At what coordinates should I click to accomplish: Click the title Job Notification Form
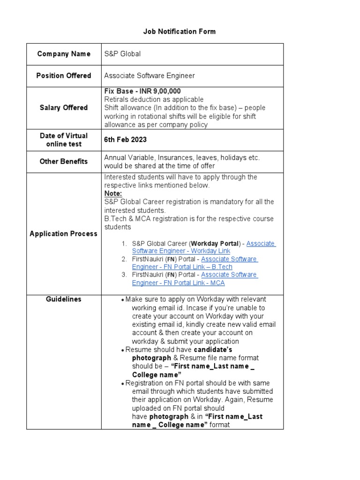(180, 31)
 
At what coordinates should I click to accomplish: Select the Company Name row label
(64, 54)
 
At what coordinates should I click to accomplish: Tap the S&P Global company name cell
(122, 54)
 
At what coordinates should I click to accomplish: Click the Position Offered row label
(64, 75)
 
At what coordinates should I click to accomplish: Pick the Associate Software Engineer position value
(150, 75)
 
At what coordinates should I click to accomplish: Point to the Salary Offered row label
(64, 108)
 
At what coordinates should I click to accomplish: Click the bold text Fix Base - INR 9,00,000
(142, 91)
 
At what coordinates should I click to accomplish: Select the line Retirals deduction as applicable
(154, 99)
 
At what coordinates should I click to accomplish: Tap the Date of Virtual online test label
(64, 140)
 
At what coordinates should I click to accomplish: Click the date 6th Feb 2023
(125, 140)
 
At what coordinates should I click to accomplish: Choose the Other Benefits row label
(64, 161)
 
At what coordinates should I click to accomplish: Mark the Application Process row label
(64, 233)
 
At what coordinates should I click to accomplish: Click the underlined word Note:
(113, 194)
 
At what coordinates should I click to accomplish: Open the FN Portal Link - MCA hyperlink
(178, 283)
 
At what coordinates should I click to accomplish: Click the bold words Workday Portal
(215, 243)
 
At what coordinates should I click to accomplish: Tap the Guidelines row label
(64, 299)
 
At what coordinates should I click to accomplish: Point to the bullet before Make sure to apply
(122, 300)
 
